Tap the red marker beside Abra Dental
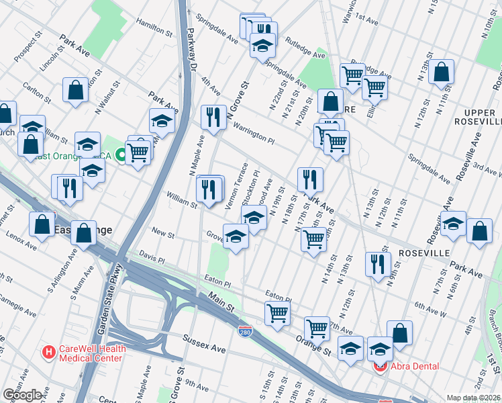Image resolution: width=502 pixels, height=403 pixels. tap(380, 366)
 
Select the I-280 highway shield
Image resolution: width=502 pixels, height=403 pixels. tap(246, 331)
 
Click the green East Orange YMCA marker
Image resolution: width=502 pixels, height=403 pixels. tap(121, 155)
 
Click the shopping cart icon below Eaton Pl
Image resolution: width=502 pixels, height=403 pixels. tap(278, 312)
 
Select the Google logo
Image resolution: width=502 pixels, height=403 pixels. tap(22, 395)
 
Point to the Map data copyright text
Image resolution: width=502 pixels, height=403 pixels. tap(474, 398)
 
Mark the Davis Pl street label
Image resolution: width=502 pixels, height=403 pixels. tap(152, 257)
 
